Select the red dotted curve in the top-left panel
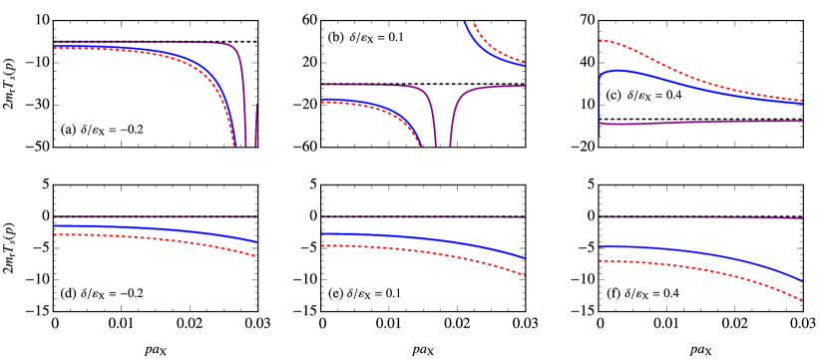pyautogui.click(x=150, y=53)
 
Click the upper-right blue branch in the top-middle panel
pyautogui.click(x=499, y=57)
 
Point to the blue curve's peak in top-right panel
pyautogui.click(x=618, y=71)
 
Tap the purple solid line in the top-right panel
pyautogui.click(x=698, y=122)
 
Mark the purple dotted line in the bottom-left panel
pyautogui.click(x=150, y=216)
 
